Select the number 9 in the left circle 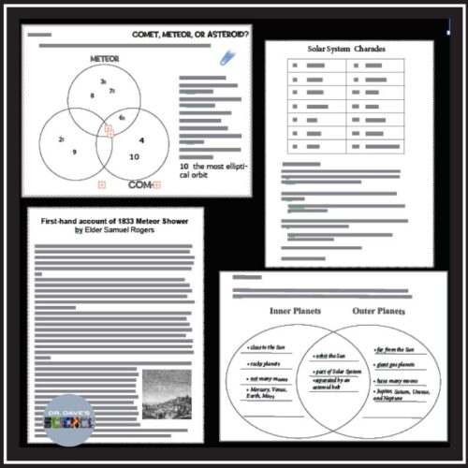click(74, 151)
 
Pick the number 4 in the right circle click(141, 139)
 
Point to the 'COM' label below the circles click(138, 183)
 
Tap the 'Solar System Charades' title click(346, 49)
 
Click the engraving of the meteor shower click(167, 394)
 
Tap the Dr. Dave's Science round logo click(69, 421)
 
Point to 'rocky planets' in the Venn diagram click(270, 362)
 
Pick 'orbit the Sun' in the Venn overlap click(331, 358)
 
